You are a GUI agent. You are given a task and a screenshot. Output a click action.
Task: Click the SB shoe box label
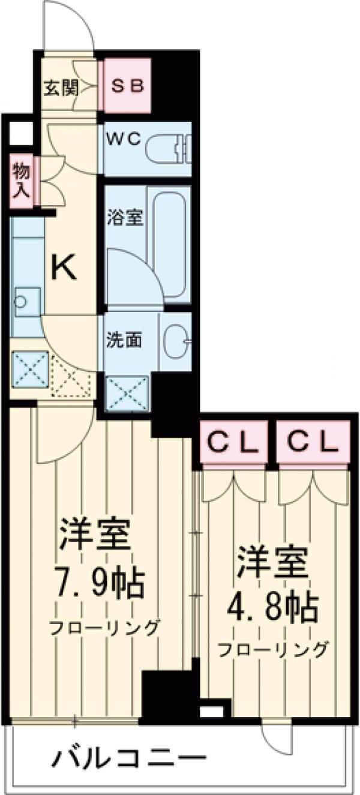point(128,86)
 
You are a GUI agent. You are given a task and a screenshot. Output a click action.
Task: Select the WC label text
point(124,139)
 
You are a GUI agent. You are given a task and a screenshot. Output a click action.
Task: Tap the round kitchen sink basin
point(22,302)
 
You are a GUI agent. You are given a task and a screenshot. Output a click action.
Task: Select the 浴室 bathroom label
point(125,217)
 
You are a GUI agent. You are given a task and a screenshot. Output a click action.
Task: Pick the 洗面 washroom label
point(124,340)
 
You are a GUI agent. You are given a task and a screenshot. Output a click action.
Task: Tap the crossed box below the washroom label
point(127,393)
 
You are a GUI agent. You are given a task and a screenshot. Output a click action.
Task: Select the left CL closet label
point(233,443)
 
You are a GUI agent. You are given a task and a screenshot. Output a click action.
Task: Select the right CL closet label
point(312,443)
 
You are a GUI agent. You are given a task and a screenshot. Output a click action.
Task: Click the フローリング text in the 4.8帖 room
point(274,650)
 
